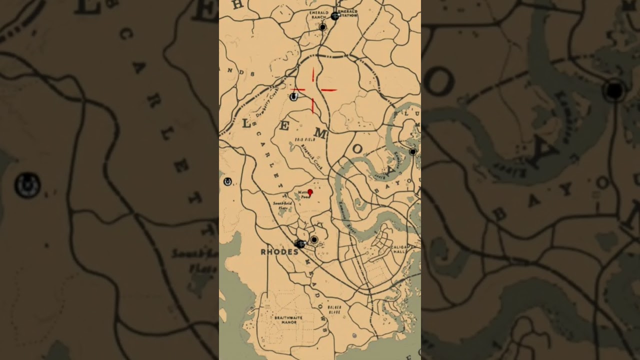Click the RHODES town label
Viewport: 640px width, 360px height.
pos(279,252)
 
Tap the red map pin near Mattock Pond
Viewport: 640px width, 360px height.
pos(310,192)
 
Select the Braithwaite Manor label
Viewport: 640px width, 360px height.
pos(285,320)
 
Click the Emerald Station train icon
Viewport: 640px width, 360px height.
pos(335,15)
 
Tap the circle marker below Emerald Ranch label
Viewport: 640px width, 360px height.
pos(322,27)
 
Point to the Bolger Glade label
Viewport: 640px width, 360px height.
pos(334,309)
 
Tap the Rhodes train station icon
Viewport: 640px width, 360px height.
pos(300,243)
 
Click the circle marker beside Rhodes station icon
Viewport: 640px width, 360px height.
pos(314,240)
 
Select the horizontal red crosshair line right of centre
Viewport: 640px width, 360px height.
pos(329,90)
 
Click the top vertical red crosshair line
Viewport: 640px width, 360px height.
pos(313,74)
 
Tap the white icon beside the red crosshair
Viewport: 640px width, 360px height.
pos(293,96)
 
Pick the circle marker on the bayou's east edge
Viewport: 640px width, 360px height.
pos(412,151)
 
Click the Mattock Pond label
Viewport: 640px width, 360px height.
pos(303,194)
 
